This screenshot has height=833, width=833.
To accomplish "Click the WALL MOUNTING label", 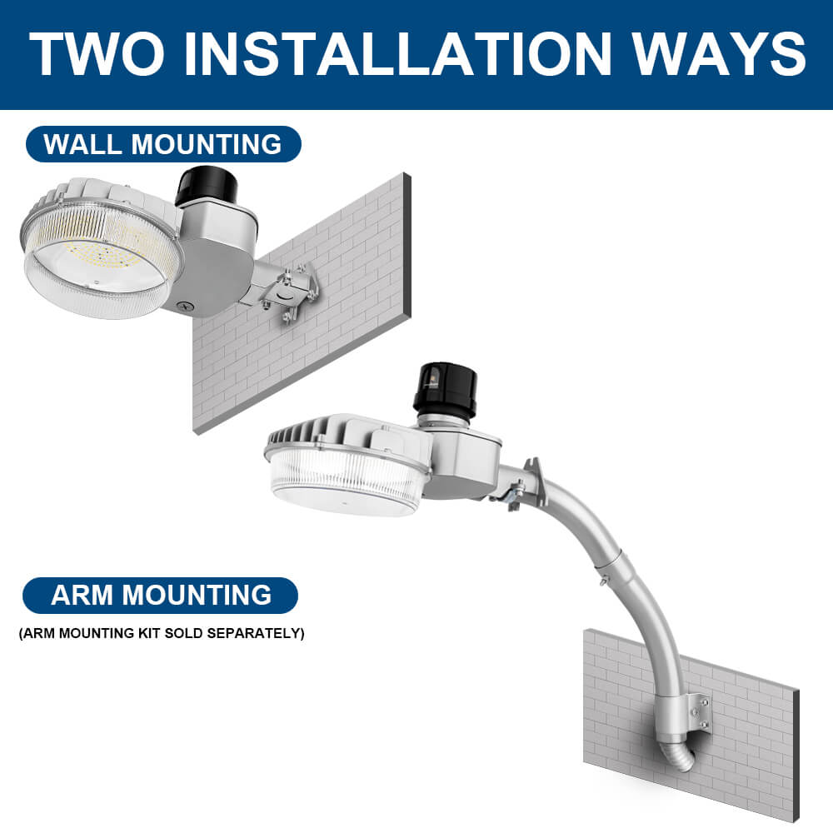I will (162, 144).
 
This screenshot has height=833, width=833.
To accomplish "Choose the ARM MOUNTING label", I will (161, 595).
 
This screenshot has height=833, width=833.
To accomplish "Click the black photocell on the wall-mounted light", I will (206, 185).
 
